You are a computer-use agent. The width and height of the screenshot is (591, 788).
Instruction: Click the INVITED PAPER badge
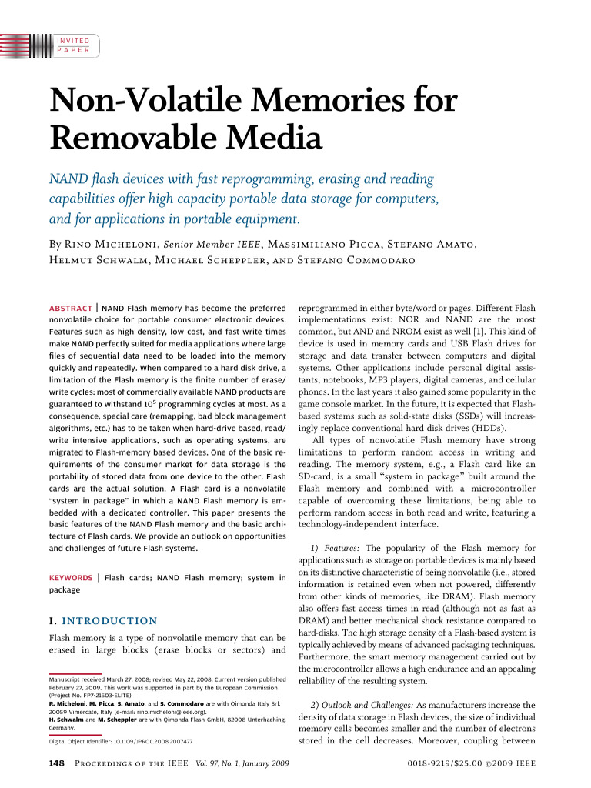pyautogui.click(x=74, y=45)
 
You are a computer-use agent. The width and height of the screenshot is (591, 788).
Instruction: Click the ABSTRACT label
pyautogui.click(x=71, y=306)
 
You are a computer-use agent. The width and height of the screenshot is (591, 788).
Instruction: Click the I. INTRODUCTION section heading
pyautogui.click(x=103, y=620)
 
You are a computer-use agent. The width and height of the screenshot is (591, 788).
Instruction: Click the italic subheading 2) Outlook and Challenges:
pyautogui.click(x=362, y=705)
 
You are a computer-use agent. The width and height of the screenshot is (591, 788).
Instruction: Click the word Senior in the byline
pyautogui.click(x=178, y=245)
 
